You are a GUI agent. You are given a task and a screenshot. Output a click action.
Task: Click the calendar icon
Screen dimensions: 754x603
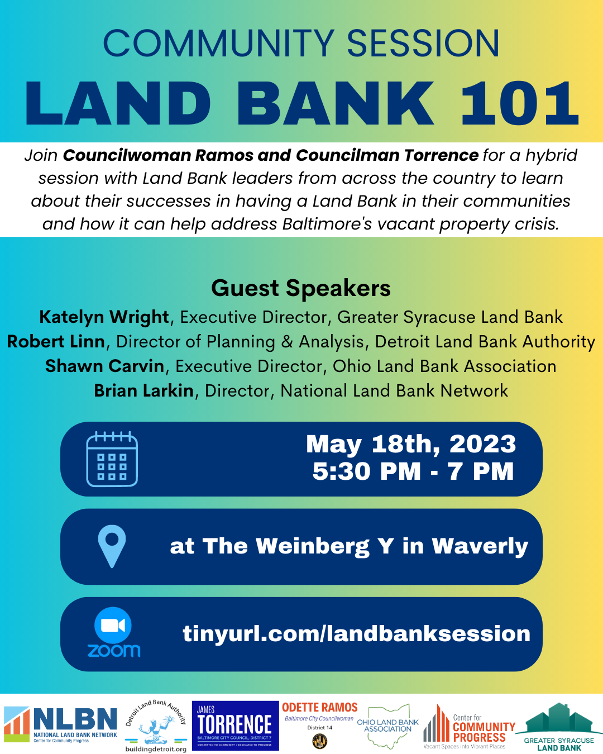[x=112, y=459]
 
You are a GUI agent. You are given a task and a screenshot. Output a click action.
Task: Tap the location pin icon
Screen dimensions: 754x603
[x=112, y=546]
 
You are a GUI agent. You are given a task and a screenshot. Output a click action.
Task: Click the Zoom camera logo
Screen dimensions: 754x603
[x=113, y=626]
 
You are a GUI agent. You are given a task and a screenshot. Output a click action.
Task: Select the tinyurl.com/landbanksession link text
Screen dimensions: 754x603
[x=356, y=633]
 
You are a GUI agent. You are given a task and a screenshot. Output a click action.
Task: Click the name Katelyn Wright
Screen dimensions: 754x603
[x=104, y=317]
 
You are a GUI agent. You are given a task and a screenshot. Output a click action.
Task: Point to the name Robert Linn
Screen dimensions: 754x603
[x=56, y=341]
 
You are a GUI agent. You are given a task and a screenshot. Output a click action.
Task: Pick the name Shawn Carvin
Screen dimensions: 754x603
[x=104, y=366]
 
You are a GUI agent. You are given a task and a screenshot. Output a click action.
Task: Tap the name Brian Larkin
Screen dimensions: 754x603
[x=143, y=390]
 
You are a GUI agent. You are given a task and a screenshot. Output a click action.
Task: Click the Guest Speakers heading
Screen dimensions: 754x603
[x=301, y=288]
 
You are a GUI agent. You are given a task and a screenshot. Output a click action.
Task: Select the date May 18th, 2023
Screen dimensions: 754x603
[x=411, y=444]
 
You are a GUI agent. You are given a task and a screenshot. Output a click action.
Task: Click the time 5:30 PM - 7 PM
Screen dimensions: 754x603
[x=413, y=471]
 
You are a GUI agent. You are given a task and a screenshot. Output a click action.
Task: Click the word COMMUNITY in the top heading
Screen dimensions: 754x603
[x=218, y=44]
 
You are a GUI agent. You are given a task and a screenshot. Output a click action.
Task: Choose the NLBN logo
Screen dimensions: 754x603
[x=61, y=724]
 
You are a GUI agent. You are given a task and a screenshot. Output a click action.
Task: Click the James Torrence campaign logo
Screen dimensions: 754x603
[x=235, y=726]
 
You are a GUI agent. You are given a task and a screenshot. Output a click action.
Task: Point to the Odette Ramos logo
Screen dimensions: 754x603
[x=319, y=724]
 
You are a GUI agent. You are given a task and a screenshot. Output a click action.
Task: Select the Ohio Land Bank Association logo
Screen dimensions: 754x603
[x=388, y=726]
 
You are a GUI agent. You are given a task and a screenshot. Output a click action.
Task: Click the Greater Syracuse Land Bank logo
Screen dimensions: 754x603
[x=559, y=727]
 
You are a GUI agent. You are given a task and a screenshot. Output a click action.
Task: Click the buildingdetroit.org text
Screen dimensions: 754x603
[x=156, y=749]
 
